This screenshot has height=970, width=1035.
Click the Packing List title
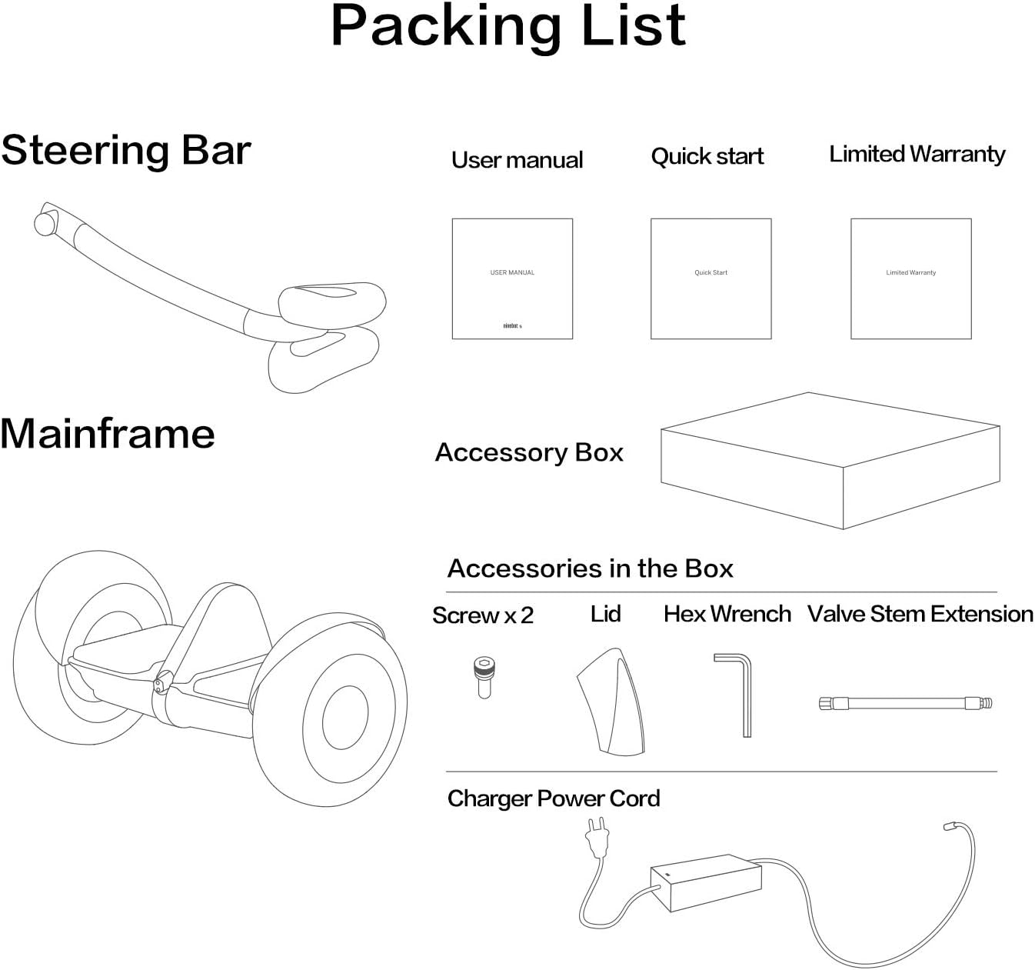pyautogui.click(x=508, y=27)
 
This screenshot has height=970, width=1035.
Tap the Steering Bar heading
pyautogui.click(x=126, y=150)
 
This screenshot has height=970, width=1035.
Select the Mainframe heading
pyautogui.click(x=108, y=433)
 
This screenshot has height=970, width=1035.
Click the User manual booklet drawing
pyautogui.click(x=512, y=278)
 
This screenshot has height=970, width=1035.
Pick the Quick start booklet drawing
pyautogui.click(x=711, y=278)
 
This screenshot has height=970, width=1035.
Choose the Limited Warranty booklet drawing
pyautogui.click(x=910, y=278)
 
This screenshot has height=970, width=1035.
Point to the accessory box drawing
pyautogui.click(x=830, y=462)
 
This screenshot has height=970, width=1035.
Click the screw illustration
pyautogui.click(x=484, y=676)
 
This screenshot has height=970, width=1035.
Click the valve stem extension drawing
pyautogui.click(x=905, y=702)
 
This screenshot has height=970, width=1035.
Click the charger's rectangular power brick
pyautogui.click(x=705, y=882)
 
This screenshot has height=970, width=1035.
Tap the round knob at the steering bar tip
pyautogui.click(x=45, y=224)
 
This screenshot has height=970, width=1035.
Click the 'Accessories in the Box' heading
pyautogui.click(x=590, y=568)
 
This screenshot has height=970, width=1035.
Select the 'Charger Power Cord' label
pyautogui.click(x=554, y=798)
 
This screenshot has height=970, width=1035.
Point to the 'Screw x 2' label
pyautogui.click(x=482, y=615)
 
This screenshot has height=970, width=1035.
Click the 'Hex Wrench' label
pyautogui.click(x=727, y=614)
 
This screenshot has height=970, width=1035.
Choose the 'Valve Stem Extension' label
pyautogui.click(x=920, y=614)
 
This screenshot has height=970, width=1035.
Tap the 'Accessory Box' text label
pyautogui.click(x=529, y=452)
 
